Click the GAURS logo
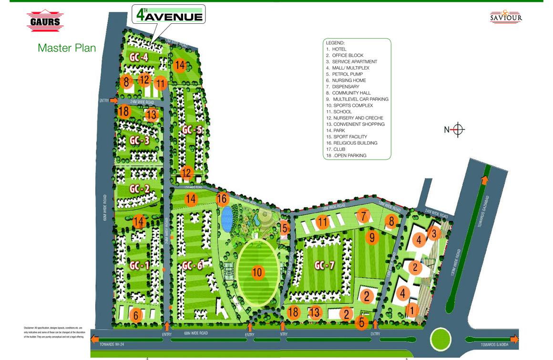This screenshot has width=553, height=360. (x=45, y=21)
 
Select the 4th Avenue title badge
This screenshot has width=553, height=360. (x=169, y=14)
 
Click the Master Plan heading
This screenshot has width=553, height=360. (x=67, y=48)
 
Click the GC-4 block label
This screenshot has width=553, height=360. (x=139, y=58)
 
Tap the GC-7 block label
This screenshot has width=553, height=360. (x=324, y=265)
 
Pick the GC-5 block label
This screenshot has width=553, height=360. (x=192, y=130)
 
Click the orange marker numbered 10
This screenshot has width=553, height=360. (x=257, y=272)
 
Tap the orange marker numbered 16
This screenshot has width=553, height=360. (x=222, y=199)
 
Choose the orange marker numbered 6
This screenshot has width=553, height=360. (x=136, y=315)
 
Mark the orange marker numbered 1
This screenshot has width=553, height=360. (x=412, y=310)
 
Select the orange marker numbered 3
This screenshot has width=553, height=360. (x=434, y=234)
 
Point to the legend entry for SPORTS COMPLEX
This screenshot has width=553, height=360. (x=353, y=105)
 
